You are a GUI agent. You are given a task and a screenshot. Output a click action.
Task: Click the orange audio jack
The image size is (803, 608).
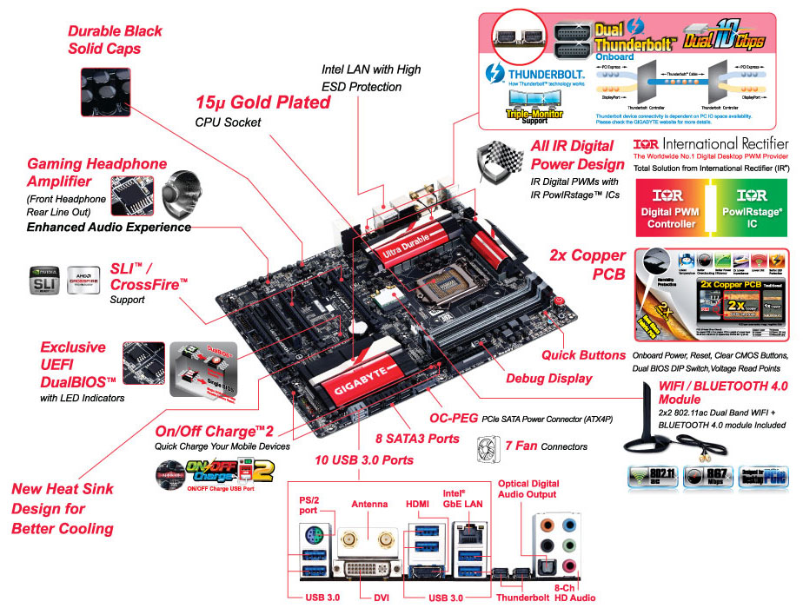545,525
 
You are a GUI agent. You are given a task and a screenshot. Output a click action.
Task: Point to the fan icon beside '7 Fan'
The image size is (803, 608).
488,446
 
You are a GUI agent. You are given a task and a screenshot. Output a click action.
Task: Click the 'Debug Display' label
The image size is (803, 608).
548,378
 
